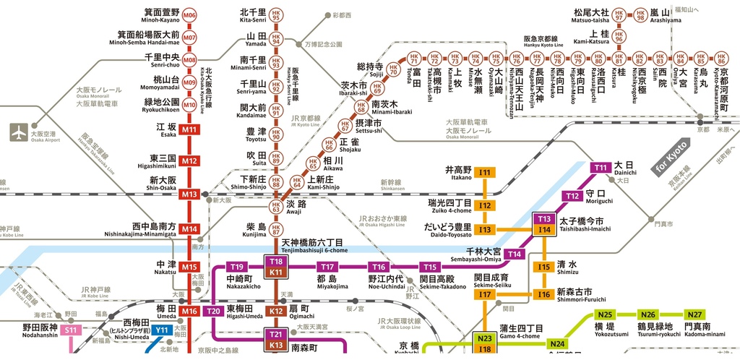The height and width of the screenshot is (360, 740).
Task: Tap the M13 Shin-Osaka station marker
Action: click(x=189, y=194)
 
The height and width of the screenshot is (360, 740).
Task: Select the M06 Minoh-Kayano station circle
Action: click(x=189, y=14)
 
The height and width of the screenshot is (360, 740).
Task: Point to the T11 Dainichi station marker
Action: click(x=601, y=168)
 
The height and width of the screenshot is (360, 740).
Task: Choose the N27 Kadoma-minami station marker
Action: click(x=694, y=314)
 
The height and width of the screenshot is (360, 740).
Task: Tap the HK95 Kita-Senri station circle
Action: click(x=275, y=14)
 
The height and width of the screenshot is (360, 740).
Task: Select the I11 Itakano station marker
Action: click(x=485, y=172)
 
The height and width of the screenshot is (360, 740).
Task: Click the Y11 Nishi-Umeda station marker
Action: click(x=161, y=330)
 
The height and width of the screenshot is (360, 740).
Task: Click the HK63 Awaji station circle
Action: click(x=275, y=207)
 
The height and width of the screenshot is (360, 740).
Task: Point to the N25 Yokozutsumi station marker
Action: click(x=606, y=314)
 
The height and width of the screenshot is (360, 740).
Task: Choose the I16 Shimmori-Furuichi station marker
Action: click(x=544, y=294)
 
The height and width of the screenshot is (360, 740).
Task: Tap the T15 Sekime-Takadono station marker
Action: click(x=430, y=267)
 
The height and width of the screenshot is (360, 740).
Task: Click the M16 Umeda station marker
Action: click(x=189, y=311)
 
